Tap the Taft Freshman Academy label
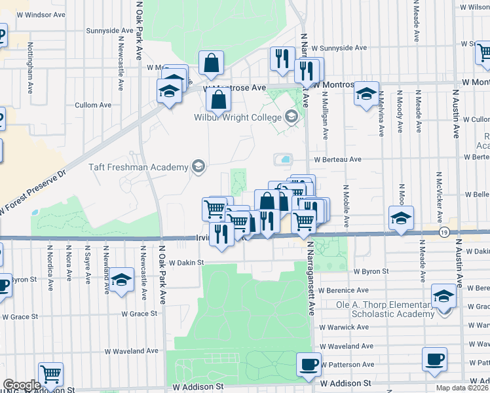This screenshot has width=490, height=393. pyautogui.click(x=138, y=167)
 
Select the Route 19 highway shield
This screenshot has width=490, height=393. pyautogui.click(x=444, y=232)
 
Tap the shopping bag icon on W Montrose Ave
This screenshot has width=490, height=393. pyautogui.click(x=218, y=101)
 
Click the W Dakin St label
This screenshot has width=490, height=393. pyautogui.click(x=187, y=262)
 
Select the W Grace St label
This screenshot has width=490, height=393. pyautogui.click(x=139, y=314)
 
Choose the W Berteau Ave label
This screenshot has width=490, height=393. pyautogui.click(x=337, y=159)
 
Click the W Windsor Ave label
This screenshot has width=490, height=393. pyautogui.click(x=41, y=14)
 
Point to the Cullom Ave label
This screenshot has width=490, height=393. pyautogui.click(x=93, y=105)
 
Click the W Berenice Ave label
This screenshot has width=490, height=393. pyautogui.click(x=345, y=290)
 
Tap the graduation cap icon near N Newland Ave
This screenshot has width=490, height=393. pyautogui.click(x=121, y=281)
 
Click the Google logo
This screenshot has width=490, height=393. pyautogui.click(x=22, y=385)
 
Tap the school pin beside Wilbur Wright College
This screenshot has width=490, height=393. pyautogui.click(x=291, y=118)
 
